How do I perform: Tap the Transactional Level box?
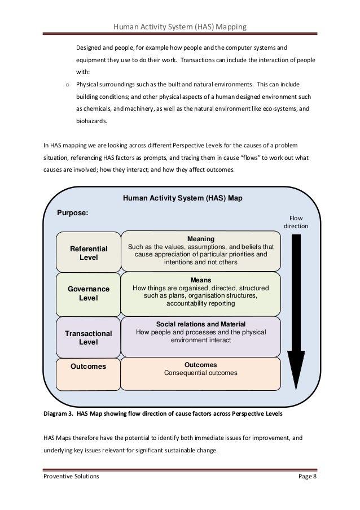[x=88, y=337]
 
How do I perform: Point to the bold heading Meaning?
[x=200, y=239]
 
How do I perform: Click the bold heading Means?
[x=200, y=280]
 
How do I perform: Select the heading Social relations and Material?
[x=200, y=324]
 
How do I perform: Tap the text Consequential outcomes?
[x=200, y=373]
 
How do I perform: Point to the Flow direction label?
[x=296, y=221]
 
